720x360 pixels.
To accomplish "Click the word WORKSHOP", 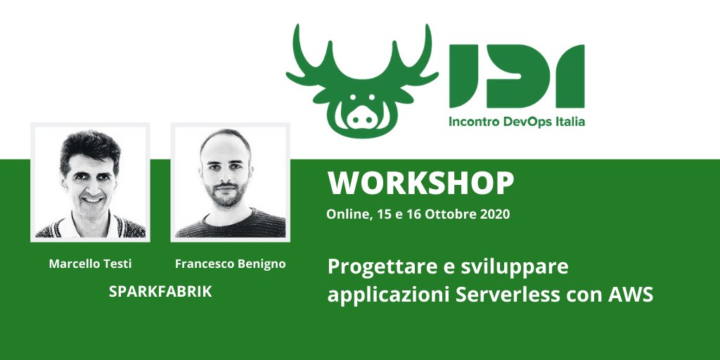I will click(420, 184).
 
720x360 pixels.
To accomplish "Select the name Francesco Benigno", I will click(231, 264).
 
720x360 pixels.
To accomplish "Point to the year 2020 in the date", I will click(496, 214).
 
